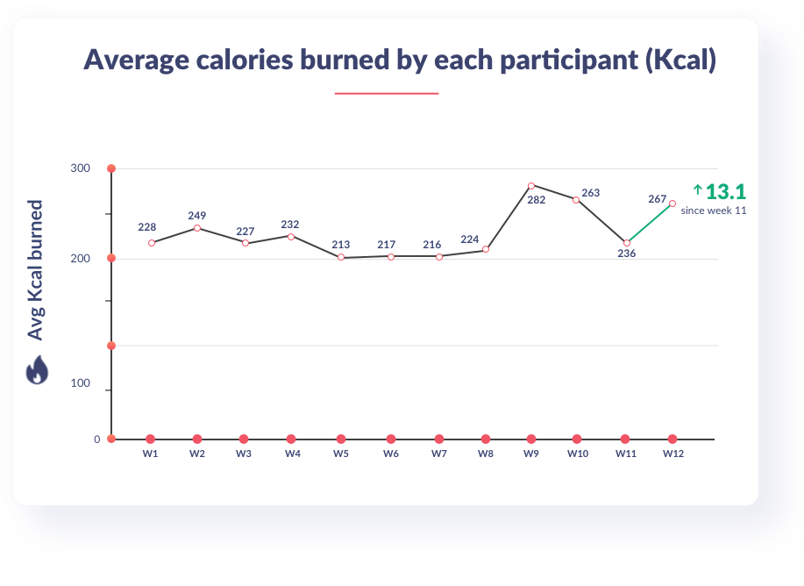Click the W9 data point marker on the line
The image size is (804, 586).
[531, 186]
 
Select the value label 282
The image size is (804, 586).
[537, 200]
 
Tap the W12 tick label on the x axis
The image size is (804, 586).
[672, 454]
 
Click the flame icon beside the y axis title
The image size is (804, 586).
[36, 370]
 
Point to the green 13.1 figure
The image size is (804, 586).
[725, 192]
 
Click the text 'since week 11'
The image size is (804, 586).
[714, 211]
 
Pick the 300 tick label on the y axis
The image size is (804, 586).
[81, 168]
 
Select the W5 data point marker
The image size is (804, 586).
[341, 257]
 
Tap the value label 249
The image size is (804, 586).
[197, 215]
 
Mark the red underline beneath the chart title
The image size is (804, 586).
[387, 93]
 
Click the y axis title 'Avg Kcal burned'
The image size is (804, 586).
[36, 271]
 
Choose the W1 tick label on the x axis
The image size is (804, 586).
[150, 454]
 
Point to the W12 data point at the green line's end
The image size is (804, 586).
[672, 204]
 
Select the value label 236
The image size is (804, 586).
[626, 254]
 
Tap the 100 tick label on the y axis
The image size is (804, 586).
[81, 384]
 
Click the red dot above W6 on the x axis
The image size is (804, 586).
[391, 439]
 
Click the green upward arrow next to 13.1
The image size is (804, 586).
[698, 189]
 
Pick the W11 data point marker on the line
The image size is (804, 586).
[627, 243]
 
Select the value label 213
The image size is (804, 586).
[341, 245]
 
